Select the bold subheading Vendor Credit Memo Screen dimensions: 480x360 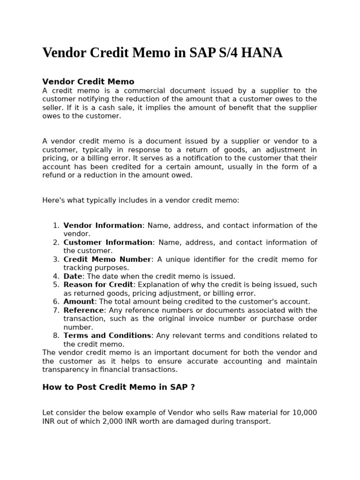(88, 82)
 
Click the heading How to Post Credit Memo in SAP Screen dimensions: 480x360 (118, 387)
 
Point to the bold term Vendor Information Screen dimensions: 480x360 (103, 225)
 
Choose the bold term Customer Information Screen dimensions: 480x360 (108, 242)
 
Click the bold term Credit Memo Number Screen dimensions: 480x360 (107, 259)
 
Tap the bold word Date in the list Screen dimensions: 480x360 (73, 276)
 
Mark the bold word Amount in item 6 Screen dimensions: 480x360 (79, 301)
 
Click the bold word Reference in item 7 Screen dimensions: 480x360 (83, 310)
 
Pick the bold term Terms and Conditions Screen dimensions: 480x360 (107, 335)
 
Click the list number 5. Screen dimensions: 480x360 (56, 285)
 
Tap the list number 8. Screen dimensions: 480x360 (56, 335)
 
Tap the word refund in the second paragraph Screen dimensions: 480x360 (54, 175)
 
